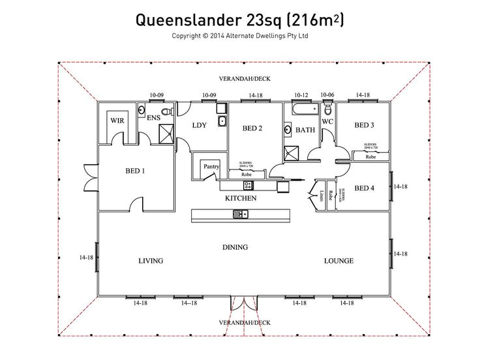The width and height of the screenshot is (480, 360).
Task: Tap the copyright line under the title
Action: (239, 37)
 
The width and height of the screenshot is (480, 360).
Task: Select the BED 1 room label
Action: (135, 172)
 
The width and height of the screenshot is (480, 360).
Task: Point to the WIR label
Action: (117, 121)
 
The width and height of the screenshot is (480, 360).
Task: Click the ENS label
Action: (153, 118)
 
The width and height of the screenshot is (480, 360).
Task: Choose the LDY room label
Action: (199, 126)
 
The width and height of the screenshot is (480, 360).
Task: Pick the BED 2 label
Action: (252, 128)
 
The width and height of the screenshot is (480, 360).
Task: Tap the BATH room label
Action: (305, 130)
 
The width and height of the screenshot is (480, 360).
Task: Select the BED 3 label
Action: (364, 125)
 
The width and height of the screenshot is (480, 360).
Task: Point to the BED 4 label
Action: (364, 188)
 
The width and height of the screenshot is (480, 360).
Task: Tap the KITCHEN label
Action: (241, 198)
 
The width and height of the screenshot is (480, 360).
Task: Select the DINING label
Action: (235, 247)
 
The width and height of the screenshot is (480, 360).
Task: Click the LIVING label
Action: (151, 261)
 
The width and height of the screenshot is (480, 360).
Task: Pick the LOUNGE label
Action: (339, 261)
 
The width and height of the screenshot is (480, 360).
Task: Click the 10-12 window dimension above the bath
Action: (301, 95)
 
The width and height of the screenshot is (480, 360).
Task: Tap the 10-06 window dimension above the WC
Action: (327, 95)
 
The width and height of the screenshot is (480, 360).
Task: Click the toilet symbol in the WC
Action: (327, 110)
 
